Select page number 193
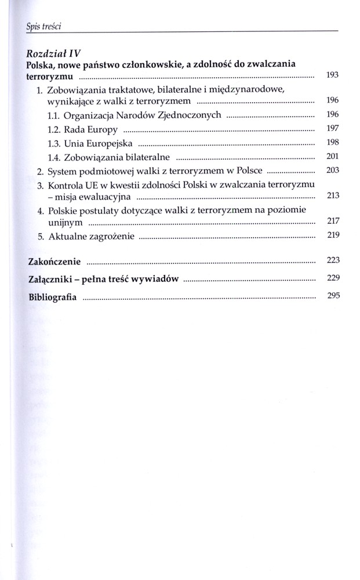tap(333, 75)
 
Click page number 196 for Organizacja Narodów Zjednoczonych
tap(333, 114)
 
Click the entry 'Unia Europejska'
tap(91, 142)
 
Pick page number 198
tap(333, 142)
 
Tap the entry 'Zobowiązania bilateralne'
tap(108, 157)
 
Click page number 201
tap(333, 156)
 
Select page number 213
tap(333, 197)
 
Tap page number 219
tap(333, 235)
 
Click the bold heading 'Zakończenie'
tap(54, 260)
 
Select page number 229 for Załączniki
tap(333, 278)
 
